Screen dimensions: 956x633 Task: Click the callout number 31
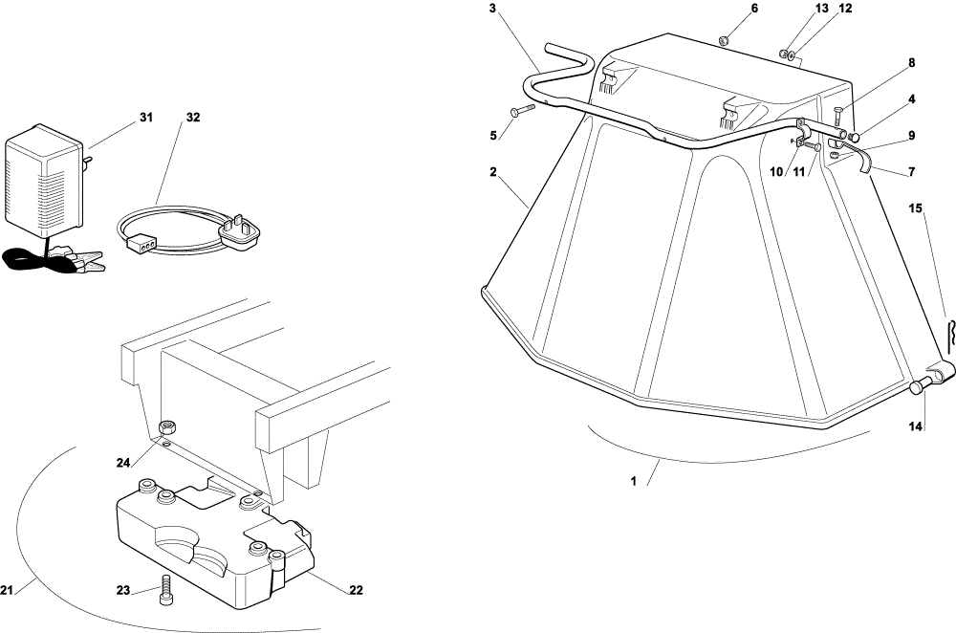coord(145,117)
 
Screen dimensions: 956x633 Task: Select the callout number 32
coord(193,117)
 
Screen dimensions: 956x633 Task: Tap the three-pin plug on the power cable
coord(242,233)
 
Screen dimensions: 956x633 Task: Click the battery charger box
coord(44,180)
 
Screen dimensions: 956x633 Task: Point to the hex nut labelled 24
coord(163,426)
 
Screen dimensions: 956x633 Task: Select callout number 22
coord(356,590)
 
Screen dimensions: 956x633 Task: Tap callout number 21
coord(7,590)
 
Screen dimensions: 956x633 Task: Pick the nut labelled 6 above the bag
coord(722,40)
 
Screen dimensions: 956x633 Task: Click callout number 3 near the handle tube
coord(492,8)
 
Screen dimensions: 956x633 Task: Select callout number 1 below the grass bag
coord(634,481)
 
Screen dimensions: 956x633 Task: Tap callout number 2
coord(492,172)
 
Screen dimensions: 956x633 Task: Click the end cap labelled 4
coord(856,137)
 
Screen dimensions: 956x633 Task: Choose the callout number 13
coord(822,8)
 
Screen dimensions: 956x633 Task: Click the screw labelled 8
coord(837,116)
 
